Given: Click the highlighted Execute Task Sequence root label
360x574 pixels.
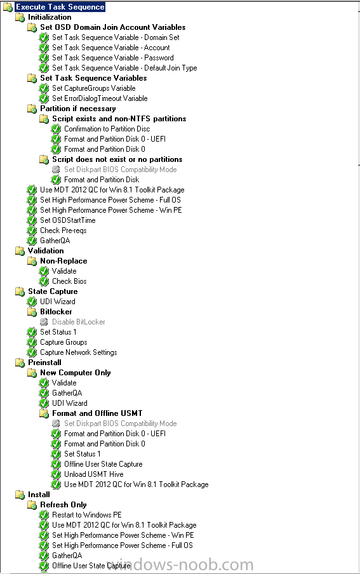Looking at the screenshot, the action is [x=60, y=7].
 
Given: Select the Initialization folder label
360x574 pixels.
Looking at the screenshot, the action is [x=50, y=17].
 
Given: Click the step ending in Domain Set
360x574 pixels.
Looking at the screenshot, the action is [x=116, y=37].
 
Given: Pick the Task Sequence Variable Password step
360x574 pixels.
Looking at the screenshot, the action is [x=113, y=58].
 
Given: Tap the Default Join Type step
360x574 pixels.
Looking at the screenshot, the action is [x=124, y=68].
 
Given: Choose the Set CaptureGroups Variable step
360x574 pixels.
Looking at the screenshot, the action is [x=94, y=88].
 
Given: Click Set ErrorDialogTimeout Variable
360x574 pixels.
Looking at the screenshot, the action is [x=100, y=98].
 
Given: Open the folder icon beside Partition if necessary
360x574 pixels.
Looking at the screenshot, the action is [x=32, y=109].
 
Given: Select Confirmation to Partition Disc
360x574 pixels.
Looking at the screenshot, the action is [x=107, y=129].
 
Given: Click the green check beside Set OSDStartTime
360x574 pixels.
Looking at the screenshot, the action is [x=32, y=220].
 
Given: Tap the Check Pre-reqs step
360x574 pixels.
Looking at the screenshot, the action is [x=63, y=230].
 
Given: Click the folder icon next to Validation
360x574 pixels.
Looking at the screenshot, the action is [x=20, y=251].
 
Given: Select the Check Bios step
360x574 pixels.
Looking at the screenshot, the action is [x=69, y=281].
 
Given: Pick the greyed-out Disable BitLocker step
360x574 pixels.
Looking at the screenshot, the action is [x=78, y=322].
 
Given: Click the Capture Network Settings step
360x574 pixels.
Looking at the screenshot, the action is [x=78, y=352].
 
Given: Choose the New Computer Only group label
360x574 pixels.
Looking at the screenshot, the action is [x=76, y=373].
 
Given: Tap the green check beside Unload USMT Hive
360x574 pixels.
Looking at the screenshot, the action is [x=56, y=474].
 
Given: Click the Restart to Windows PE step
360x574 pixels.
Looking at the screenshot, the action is [x=87, y=515].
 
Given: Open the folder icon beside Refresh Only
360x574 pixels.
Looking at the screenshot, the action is [x=32, y=505].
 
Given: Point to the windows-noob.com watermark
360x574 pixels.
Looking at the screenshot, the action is [x=180, y=565].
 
